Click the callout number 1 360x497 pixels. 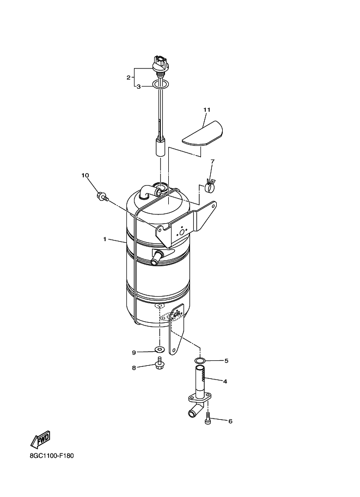click(x=105, y=240)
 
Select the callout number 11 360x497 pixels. click(x=207, y=109)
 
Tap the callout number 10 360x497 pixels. click(x=85, y=175)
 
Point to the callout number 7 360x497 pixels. click(x=212, y=161)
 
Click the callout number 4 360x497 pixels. click(x=225, y=381)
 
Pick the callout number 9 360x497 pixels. click(x=134, y=352)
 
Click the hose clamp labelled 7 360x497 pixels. click(x=210, y=186)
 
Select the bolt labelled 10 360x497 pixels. click(x=102, y=197)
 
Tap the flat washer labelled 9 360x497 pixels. click(x=159, y=350)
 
